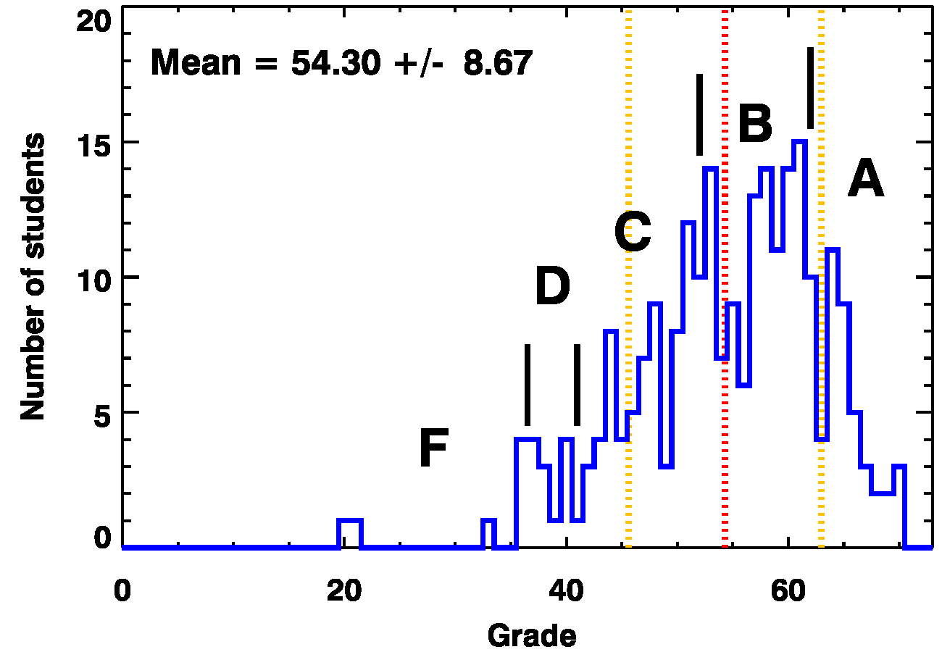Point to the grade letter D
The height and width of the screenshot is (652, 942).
pos(552,288)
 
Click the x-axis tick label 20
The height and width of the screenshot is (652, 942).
pos(343,591)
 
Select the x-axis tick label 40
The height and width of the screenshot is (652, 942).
pos(566,591)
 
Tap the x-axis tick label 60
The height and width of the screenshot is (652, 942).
pos(788,591)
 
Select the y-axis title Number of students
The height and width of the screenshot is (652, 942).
pos(33,277)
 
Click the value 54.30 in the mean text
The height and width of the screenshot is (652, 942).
pos(335,64)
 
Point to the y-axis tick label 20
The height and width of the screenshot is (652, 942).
pos(95,22)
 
